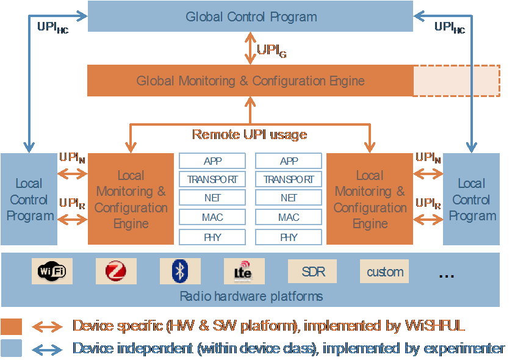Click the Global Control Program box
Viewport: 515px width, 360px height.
point(251,16)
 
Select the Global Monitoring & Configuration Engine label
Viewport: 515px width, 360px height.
point(250,81)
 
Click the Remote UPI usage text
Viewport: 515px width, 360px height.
point(250,134)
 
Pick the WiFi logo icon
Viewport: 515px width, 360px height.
point(52,271)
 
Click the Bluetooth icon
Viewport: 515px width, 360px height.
point(179,272)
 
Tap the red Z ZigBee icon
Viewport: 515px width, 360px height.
point(116,272)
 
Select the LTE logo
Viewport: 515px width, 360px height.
point(243,272)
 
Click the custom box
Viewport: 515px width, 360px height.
point(384,272)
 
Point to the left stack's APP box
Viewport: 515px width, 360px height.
point(212,161)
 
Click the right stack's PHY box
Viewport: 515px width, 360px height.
point(289,237)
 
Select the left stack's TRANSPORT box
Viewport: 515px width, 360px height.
point(212,179)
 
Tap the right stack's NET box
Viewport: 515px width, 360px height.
point(289,198)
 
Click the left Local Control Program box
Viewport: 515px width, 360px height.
point(29,200)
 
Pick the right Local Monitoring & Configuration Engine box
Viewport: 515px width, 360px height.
point(370,200)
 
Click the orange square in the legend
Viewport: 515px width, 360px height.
point(12,326)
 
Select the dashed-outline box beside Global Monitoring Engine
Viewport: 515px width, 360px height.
point(456,81)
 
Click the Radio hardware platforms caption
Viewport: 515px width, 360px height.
point(251,297)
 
